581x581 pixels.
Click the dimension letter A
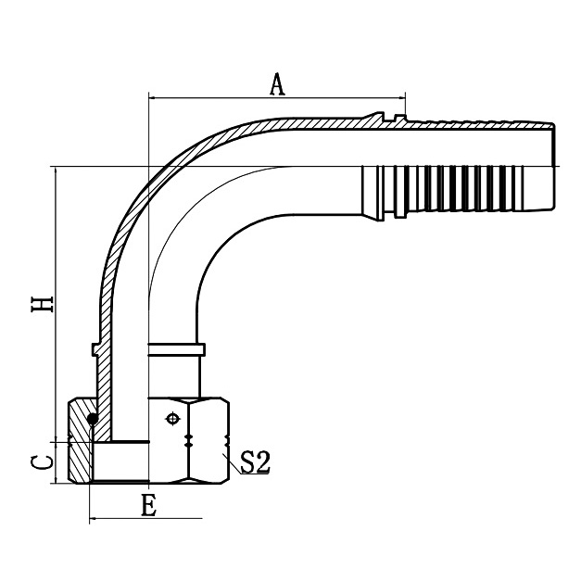pos(276,84)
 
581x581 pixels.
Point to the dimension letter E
pos(146,506)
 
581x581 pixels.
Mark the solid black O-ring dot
pos(92,419)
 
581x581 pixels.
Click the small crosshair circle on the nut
pos(171,420)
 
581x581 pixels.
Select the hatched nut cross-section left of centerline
pos(81,453)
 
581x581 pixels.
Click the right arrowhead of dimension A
pos(401,96)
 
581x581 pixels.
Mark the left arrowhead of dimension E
pos(94,520)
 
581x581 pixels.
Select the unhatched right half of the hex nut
pos(206,440)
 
